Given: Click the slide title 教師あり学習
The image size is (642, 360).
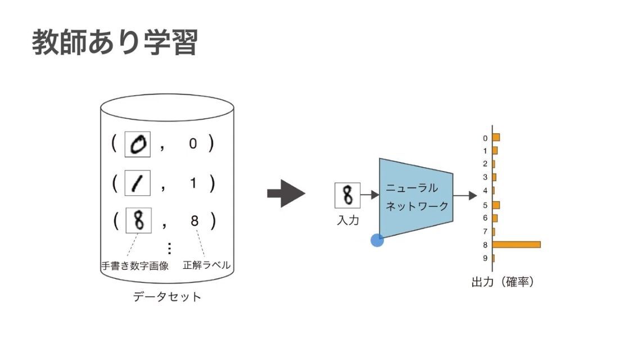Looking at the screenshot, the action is (x=115, y=43).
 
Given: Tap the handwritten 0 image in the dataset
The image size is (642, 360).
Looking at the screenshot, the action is (x=137, y=145).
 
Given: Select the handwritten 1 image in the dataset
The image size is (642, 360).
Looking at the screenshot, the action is (x=137, y=183).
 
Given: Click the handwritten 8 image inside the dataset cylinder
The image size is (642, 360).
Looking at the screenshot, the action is (x=138, y=220).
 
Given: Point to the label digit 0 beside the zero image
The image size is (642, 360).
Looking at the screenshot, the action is (x=193, y=145).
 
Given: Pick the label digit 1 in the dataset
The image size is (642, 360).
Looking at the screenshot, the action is (x=193, y=183).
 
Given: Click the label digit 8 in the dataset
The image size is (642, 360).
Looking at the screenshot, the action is (x=195, y=221).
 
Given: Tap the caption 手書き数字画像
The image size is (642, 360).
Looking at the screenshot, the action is (x=135, y=266).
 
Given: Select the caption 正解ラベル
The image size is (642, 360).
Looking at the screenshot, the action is (x=206, y=265).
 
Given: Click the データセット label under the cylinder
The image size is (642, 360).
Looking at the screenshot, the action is (x=167, y=296).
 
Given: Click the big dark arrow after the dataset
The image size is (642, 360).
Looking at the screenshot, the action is (x=286, y=194).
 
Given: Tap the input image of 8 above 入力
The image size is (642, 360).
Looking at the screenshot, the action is (x=347, y=196).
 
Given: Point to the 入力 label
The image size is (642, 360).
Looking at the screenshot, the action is (x=347, y=220).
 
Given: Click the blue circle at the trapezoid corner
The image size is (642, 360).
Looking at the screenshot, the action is (x=377, y=240).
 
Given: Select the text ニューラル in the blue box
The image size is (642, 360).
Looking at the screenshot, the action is (x=412, y=188).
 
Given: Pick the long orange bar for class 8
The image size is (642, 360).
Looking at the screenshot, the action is (x=516, y=245).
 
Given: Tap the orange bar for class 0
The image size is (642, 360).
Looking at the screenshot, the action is (x=496, y=137).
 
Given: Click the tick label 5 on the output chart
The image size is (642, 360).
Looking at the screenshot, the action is (x=485, y=205).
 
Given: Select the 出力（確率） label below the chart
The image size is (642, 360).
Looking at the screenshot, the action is (x=502, y=282).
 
